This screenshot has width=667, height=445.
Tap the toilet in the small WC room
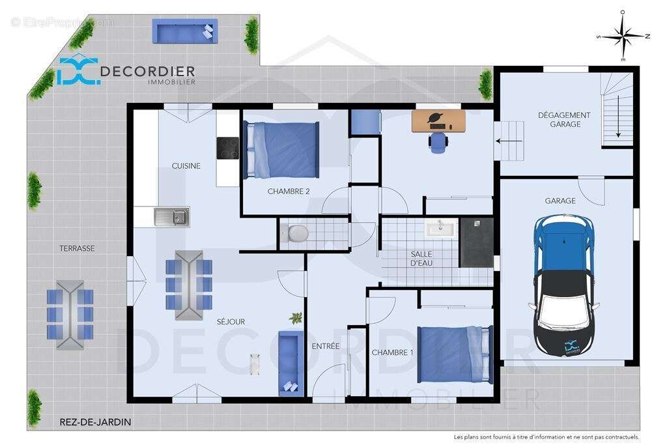[298, 233]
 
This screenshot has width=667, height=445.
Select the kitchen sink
[171, 216]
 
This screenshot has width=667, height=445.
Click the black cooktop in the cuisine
[228, 148]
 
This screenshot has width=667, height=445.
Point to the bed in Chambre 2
[281, 150]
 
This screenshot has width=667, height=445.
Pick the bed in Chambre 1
[455, 354]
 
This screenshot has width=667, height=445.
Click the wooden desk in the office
[438, 121]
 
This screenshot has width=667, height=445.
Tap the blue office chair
[438, 141]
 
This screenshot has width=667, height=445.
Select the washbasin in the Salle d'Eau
[442, 227]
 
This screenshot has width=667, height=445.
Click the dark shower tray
[477, 242]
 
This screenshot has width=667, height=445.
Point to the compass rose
[623, 36]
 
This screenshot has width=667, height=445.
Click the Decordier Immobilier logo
[126, 71]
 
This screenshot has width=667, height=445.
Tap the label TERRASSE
[77, 248]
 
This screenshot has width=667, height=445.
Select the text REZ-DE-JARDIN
[95, 422]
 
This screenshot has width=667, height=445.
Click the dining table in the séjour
[189, 285]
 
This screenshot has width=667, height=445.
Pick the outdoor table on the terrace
[70, 315]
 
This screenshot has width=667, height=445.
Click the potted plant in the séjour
[296, 318]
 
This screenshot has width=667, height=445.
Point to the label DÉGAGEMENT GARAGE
[563, 119]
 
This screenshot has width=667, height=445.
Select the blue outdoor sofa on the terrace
[185, 31]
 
